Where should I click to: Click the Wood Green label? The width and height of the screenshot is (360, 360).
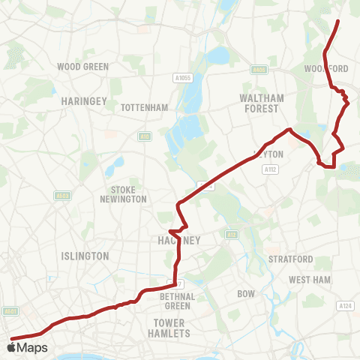tap(83, 67)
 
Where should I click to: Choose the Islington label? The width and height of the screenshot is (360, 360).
tap(86, 256)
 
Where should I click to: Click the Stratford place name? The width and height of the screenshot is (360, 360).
tap(290, 259)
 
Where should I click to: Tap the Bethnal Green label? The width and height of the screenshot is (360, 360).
tap(178, 301)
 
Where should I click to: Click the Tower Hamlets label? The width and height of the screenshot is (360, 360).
tap(169, 328)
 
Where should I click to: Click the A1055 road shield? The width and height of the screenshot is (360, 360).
tap(202, 77)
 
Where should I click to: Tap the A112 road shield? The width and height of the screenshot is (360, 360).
tap(271, 170)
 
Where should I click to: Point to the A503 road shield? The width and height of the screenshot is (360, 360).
tap(63, 196)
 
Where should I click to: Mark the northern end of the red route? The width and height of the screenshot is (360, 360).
tap(339, 21)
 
